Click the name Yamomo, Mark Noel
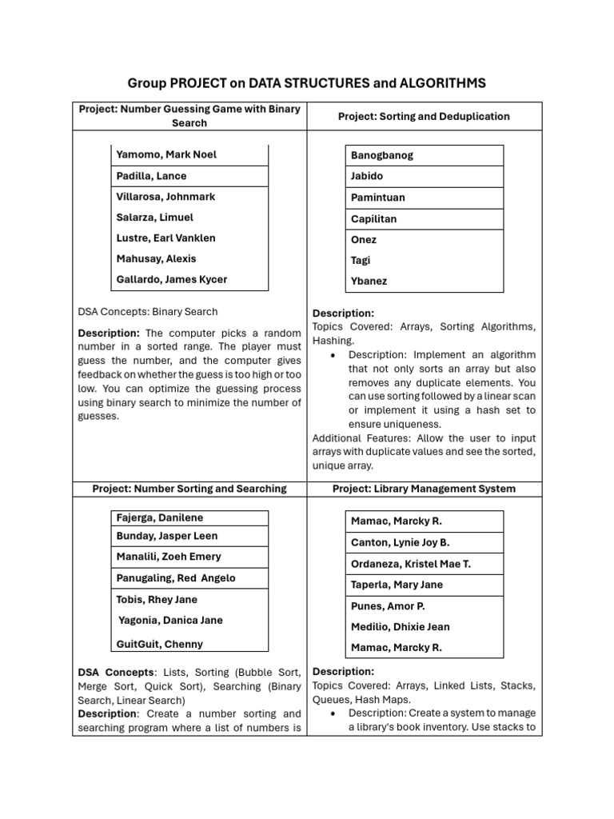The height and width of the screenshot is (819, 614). (x=166, y=154)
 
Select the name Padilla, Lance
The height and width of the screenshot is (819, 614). (x=151, y=176)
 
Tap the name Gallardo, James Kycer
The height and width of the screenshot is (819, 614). (x=171, y=279)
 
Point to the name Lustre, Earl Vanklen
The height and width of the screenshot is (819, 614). (x=165, y=238)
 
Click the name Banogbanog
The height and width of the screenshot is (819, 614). (x=382, y=155)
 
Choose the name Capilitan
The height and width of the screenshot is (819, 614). (x=373, y=218)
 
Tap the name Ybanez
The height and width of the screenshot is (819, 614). (x=369, y=281)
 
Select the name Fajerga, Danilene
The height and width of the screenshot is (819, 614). (x=160, y=517)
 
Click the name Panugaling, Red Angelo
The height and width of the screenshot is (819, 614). (x=176, y=577)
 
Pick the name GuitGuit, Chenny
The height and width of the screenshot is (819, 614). (x=160, y=644)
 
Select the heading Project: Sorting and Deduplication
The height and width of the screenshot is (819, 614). (x=423, y=116)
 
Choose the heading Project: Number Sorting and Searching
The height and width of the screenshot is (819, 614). (x=189, y=488)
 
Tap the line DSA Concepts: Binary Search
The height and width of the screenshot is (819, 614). (x=148, y=311)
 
